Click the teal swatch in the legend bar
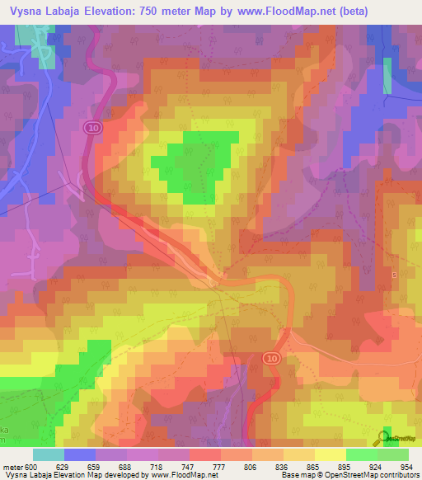coord(48,454)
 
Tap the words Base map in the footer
coord(295,474)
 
